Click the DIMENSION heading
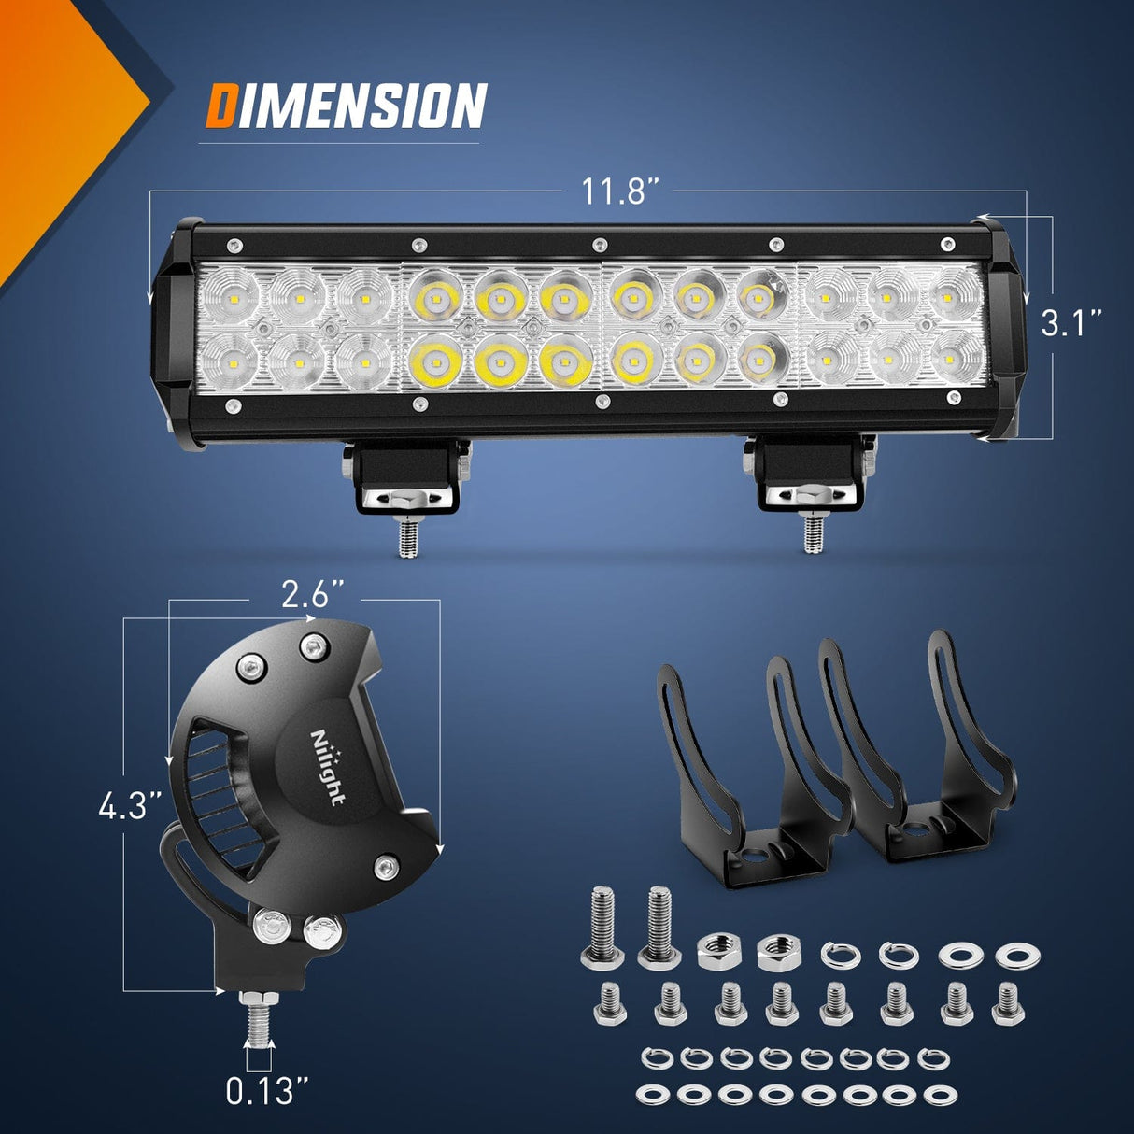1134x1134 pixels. (x=346, y=105)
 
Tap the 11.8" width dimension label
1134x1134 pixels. (x=620, y=191)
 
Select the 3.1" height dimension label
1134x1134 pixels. (x=1071, y=324)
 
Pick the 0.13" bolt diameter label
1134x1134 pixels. (x=267, y=1090)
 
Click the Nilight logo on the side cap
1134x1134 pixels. (x=328, y=766)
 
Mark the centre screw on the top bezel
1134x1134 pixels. (x=599, y=246)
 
